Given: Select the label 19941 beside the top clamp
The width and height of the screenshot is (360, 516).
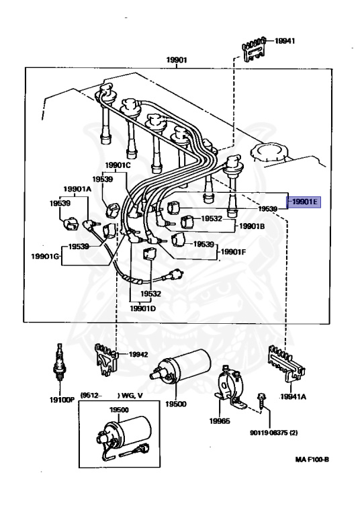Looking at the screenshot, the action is (285, 41).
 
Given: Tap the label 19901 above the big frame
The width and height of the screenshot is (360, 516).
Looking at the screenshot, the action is (177, 60).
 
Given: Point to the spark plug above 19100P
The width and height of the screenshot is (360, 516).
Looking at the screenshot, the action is (59, 361).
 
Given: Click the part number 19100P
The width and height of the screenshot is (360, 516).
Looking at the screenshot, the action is (62, 400).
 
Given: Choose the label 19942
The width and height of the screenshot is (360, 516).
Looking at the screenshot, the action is (138, 355).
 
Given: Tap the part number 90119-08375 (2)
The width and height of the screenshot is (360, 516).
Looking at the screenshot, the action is (274, 433).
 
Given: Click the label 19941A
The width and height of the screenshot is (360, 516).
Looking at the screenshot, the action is (293, 396).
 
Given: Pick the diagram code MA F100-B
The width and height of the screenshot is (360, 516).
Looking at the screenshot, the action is (312, 459).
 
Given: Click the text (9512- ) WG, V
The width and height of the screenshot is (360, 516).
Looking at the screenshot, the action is (111, 395).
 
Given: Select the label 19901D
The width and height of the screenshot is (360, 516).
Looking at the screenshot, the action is (143, 308).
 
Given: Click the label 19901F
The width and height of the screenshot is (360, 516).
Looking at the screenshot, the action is (233, 252).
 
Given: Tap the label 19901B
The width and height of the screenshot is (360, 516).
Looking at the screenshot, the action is (252, 226).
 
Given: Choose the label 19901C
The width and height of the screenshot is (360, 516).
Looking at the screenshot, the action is (118, 165).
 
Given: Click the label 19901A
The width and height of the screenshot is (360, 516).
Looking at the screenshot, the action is (77, 189).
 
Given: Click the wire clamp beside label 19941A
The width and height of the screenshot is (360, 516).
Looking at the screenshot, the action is (285, 363).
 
